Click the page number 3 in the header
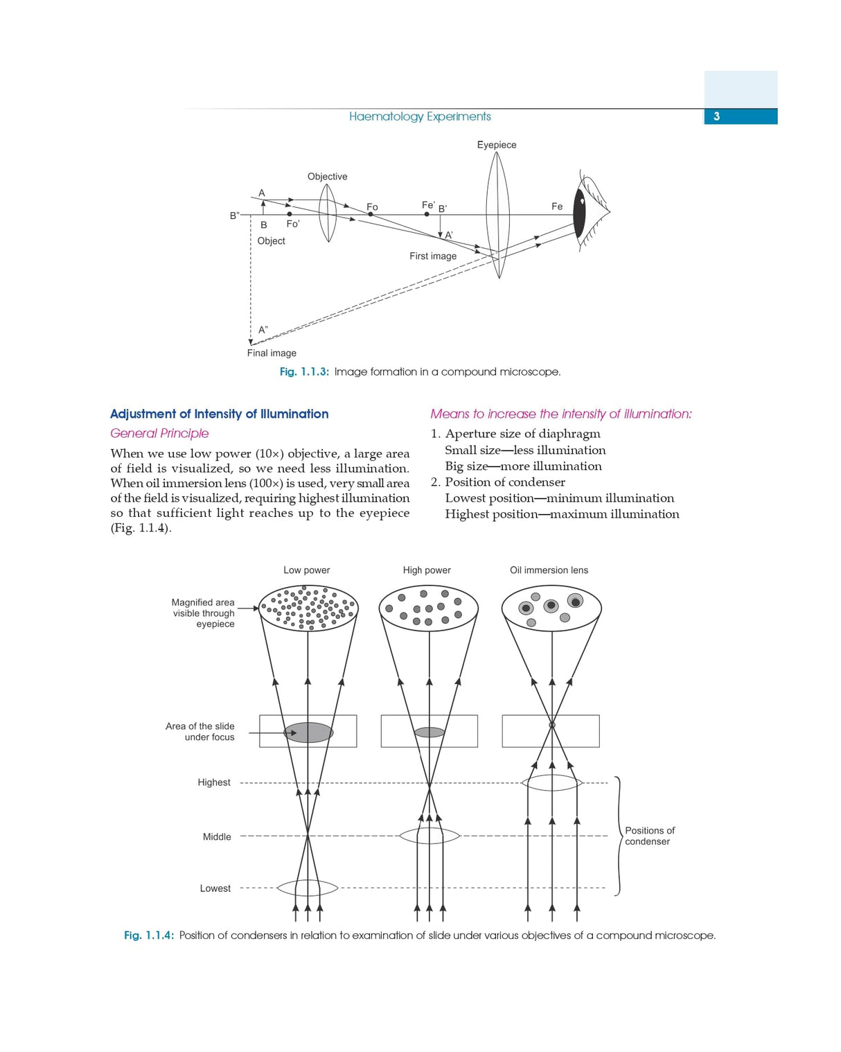click(716, 116)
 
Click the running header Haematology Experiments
click(420, 116)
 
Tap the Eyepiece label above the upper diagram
click(496, 145)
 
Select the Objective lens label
click(327, 177)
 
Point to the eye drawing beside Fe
click(588, 212)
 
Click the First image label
click(433, 256)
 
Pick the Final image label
click(272, 353)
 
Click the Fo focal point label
click(372, 207)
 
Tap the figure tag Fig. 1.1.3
click(304, 372)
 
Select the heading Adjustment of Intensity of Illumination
click(219, 414)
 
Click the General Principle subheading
click(159, 433)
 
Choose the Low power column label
click(306, 570)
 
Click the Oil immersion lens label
click(549, 570)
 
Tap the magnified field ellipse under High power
click(429, 608)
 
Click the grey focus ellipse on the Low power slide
click(308, 733)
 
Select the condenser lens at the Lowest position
click(308, 888)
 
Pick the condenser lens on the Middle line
click(430, 836)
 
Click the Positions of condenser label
click(649, 836)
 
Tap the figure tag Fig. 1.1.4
click(149, 936)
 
